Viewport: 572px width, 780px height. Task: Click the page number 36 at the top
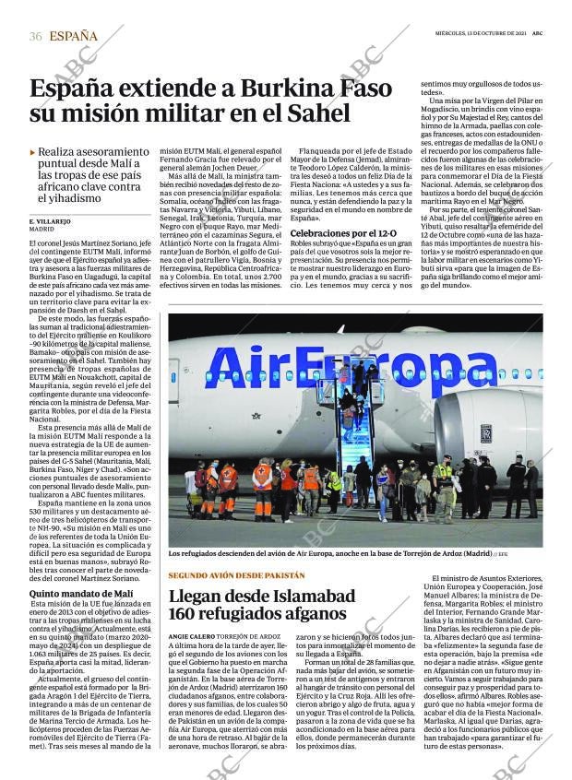(36, 37)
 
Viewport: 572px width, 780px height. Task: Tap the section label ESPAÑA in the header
(73, 37)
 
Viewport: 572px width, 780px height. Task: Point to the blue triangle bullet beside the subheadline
(33, 151)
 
